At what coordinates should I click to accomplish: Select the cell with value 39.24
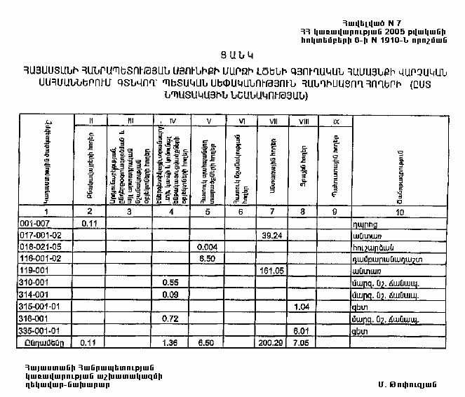[271, 235]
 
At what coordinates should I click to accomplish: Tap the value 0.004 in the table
[207, 247]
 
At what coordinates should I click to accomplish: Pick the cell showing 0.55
[169, 283]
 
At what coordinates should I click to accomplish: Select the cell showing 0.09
[169, 295]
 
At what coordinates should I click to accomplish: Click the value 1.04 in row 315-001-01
[303, 307]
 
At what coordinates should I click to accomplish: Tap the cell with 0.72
[169, 318]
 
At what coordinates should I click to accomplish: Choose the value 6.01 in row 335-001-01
[303, 330]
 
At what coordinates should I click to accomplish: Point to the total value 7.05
[302, 343]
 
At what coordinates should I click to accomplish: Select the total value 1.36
[169, 343]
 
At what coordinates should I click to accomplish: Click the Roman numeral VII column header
[272, 122]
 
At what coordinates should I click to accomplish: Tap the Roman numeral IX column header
[336, 122]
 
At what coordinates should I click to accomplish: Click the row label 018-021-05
[23, 247]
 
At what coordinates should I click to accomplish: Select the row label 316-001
[18, 318]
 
